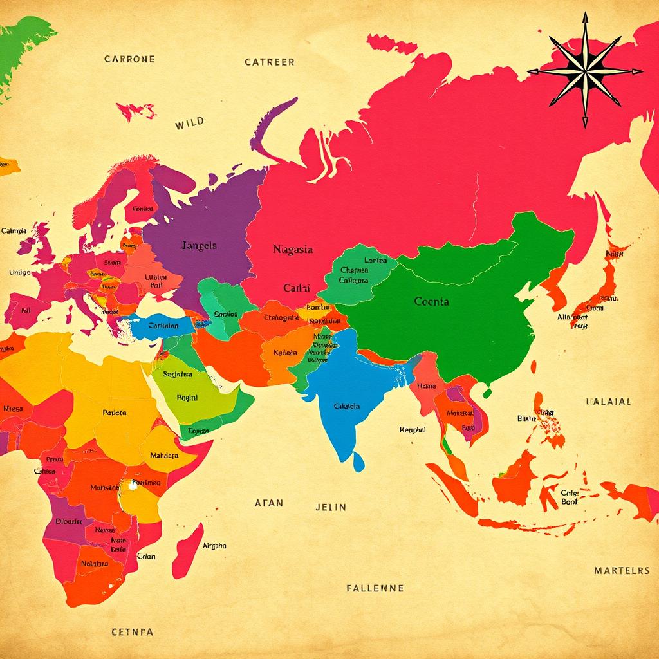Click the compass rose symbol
[x=584, y=71]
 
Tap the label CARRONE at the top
[x=129, y=59]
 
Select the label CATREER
[x=270, y=62]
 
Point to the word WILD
[x=189, y=122]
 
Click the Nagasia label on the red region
[x=293, y=249]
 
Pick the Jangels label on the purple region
[x=199, y=245]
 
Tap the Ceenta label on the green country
[x=432, y=301]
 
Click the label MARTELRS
[x=622, y=570]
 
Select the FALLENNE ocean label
[x=375, y=588]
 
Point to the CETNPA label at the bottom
[x=132, y=631]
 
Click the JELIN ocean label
[x=331, y=506]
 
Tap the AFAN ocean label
[x=268, y=503]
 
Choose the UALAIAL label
[x=608, y=401]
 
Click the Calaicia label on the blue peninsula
[x=347, y=406]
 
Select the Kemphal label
[x=413, y=429]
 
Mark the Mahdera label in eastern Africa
[x=163, y=455]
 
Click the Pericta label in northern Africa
[x=115, y=413]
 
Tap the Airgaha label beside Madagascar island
[x=214, y=545]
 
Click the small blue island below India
[x=358, y=461]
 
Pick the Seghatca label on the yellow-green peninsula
[x=178, y=374]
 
